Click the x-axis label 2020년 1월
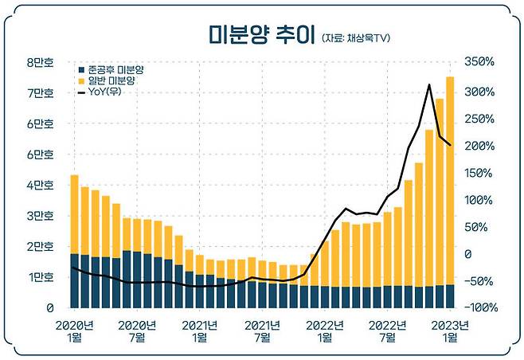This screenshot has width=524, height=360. pos(74,331)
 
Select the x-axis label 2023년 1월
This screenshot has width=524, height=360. pos(449,331)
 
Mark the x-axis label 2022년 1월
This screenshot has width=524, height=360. pos(325,331)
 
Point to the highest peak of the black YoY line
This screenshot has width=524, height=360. pos(429,84)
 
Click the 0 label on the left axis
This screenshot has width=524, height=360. pos(49,308)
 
